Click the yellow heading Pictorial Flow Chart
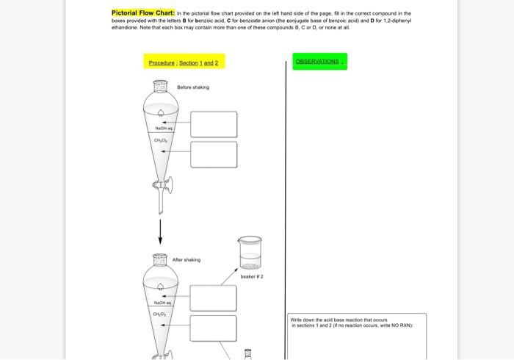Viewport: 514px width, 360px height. (x=143, y=13)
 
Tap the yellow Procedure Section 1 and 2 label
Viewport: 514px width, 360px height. (x=184, y=63)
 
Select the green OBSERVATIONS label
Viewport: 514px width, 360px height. (x=317, y=62)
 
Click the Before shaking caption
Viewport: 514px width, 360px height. (x=193, y=87)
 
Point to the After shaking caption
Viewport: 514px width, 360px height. (x=186, y=260)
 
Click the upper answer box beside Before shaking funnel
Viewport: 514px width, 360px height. (x=214, y=124)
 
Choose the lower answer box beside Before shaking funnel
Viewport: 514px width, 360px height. (x=214, y=155)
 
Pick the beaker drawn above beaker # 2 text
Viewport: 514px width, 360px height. (x=250, y=253)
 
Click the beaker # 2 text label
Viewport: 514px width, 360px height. (x=252, y=277)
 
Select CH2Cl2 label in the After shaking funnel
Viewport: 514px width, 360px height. (x=160, y=314)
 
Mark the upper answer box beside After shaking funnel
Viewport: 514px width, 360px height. (x=213, y=298)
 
